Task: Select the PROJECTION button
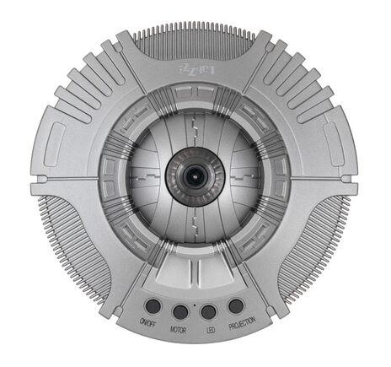(236, 305)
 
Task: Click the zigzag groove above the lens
(195, 127)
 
